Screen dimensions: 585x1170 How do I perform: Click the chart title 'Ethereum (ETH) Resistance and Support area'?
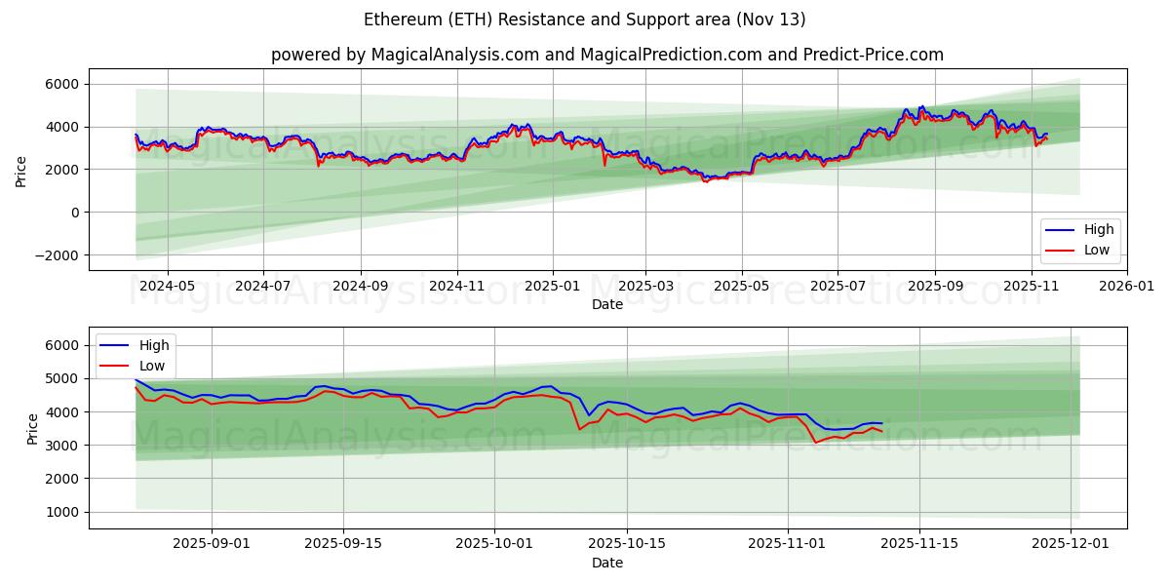[585, 19]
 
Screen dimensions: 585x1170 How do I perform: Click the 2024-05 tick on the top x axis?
[168, 287]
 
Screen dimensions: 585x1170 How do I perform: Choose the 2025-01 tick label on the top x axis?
[553, 287]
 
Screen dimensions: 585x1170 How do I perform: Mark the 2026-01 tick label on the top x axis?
[1127, 287]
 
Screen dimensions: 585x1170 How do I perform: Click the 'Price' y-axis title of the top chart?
[21, 170]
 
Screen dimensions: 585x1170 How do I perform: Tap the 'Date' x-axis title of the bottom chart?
[606, 564]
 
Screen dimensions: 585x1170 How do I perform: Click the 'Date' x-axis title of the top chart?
[606, 304]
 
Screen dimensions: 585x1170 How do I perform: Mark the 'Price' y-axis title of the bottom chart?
[33, 428]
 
